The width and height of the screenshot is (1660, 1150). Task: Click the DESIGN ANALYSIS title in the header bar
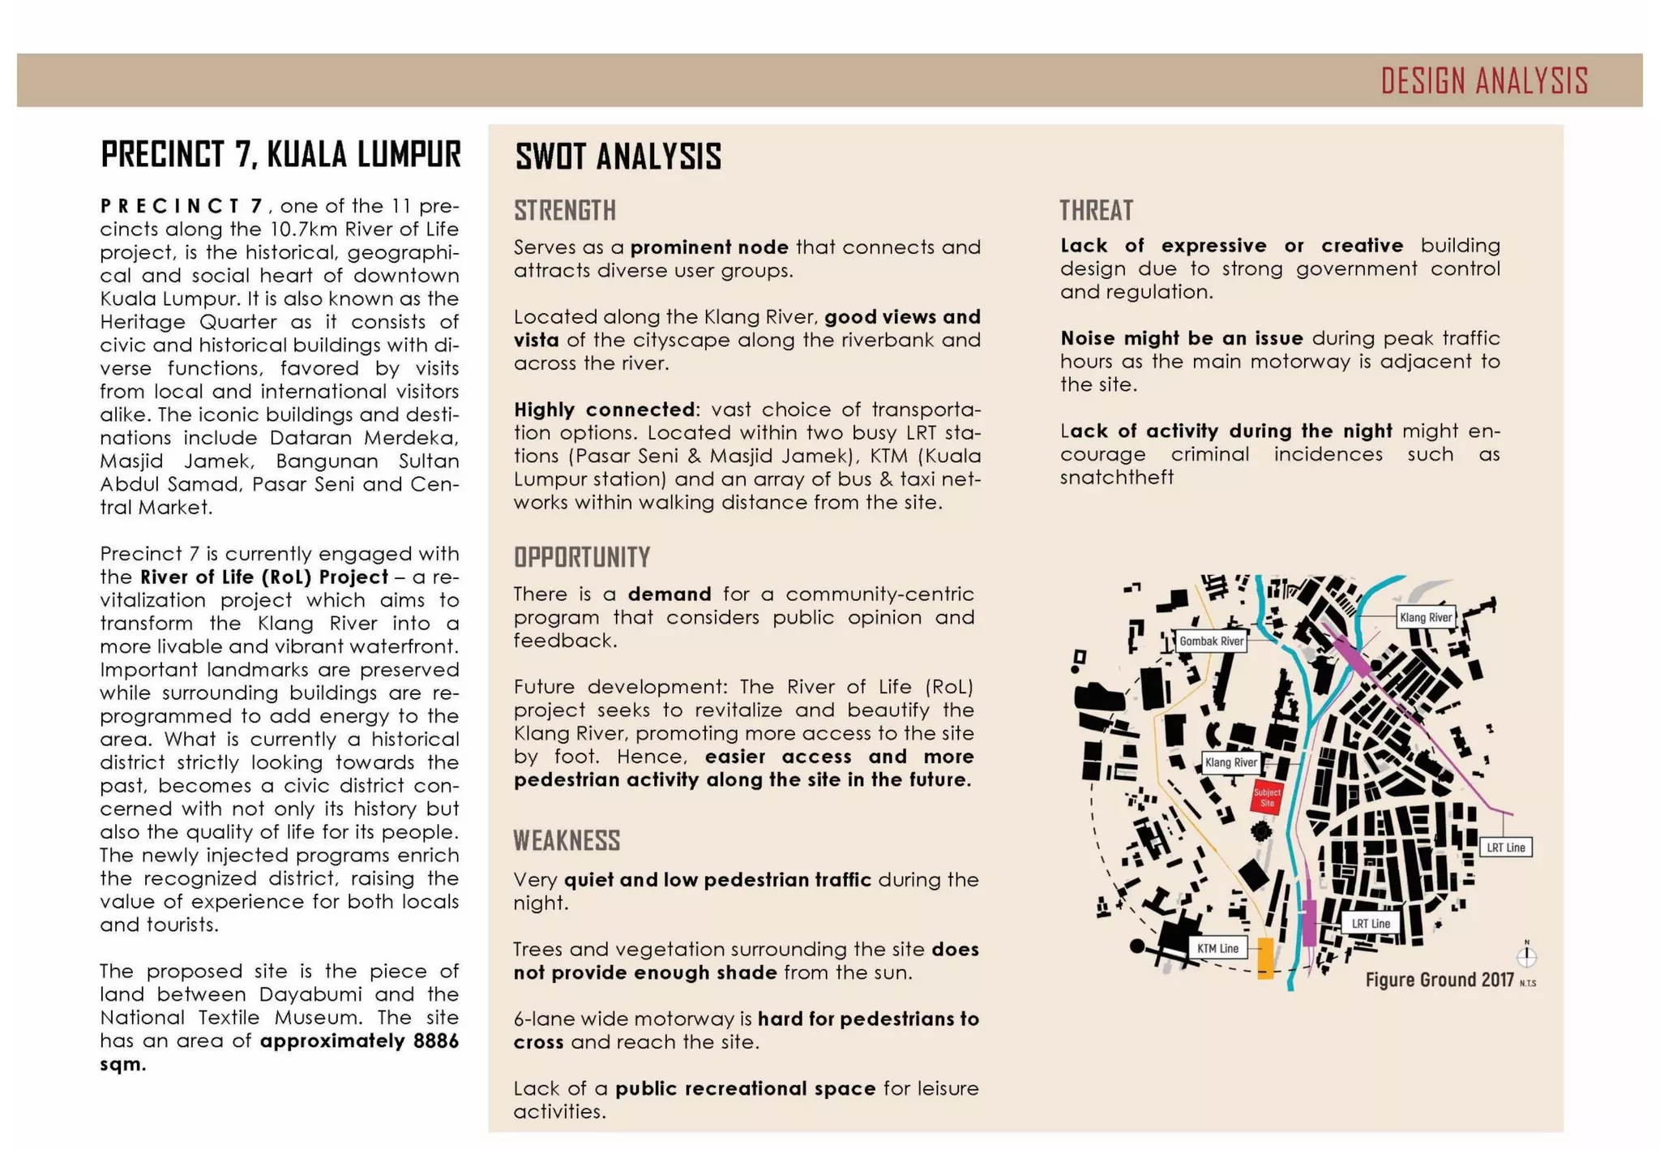click(x=1484, y=81)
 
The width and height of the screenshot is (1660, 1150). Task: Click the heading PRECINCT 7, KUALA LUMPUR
click(x=280, y=154)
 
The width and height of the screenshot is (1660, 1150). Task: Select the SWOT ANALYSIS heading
click(x=618, y=157)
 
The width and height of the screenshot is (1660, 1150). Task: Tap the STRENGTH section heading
click(x=565, y=210)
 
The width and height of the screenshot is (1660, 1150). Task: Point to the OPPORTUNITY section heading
click(x=582, y=557)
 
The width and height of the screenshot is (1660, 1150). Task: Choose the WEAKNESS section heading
click(x=567, y=840)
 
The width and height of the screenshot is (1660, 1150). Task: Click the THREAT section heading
click(x=1096, y=210)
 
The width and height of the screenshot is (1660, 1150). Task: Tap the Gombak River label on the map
click(x=1211, y=642)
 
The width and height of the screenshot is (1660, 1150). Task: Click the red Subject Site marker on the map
click(x=1267, y=797)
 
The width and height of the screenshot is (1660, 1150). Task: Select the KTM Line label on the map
click(x=1217, y=948)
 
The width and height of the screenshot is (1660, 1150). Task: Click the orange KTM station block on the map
click(x=1264, y=958)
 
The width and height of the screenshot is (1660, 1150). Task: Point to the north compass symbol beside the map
click(x=1526, y=955)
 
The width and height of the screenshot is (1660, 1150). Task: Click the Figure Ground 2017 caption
click(x=1440, y=980)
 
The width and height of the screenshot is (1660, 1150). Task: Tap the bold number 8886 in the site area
click(x=435, y=1041)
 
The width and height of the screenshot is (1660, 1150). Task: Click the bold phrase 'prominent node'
click(x=709, y=247)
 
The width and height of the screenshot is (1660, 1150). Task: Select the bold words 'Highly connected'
click(x=604, y=409)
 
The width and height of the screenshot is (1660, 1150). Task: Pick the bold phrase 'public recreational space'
click(x=745, y=1088)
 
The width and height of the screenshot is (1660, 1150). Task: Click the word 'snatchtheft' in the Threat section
click(x=1116, y=477)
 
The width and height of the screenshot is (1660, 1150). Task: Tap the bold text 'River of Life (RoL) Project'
click(x=264, y=577)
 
